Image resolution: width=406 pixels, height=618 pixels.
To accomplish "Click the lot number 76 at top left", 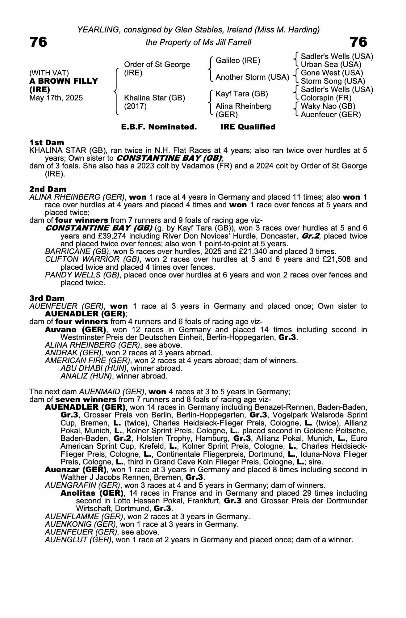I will point(38,42).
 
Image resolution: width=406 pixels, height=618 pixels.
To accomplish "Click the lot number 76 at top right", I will point(358,42).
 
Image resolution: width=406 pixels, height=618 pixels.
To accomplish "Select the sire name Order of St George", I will point(157,65).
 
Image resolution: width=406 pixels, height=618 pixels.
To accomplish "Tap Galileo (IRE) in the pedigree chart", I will point(238,61).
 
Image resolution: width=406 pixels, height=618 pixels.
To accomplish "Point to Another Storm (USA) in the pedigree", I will point(252,77).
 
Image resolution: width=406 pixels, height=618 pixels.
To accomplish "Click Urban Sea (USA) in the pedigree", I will point(331,65).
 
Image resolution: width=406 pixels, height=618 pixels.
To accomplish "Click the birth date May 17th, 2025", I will point(56,98).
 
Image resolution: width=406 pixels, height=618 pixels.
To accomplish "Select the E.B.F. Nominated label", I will point(159,127).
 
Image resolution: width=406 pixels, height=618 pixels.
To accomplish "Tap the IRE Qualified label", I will point(248,127).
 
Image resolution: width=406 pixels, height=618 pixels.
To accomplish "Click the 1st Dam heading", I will point(47,142).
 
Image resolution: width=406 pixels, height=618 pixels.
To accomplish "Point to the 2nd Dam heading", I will point(48,189).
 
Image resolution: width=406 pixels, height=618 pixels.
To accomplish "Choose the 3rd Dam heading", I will point(47,298).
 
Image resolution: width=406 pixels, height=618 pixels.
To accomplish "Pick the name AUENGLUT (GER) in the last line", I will point(78,540).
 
